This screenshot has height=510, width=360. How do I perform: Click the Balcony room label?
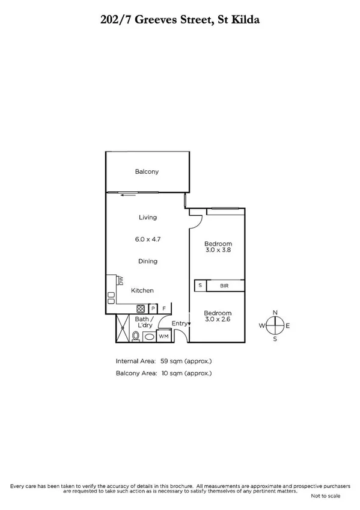(x=147, y=172)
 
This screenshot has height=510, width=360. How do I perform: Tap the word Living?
(x=147, y=217)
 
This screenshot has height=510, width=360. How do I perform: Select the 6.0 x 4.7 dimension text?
(x=147, y=239)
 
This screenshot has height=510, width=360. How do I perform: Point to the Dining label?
(x=147, y=261)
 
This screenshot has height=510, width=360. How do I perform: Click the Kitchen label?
(x=143, y=290)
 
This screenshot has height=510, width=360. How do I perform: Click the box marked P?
(x=153, y=308)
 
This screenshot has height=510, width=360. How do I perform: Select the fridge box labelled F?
(x=165, y=308)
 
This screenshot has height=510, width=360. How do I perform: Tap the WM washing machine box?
(x=163, y=337)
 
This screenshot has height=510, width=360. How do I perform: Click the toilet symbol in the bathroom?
(x=135, y=337)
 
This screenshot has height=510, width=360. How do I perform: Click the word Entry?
(x=179, y=324)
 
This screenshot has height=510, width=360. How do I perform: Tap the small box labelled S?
(x=200, y=286)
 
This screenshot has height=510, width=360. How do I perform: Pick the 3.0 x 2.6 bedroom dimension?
(x=218, y=320)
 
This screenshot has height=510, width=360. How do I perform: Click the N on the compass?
(x=275, y=312)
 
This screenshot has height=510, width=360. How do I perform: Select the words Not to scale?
(x=325, y=496)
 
